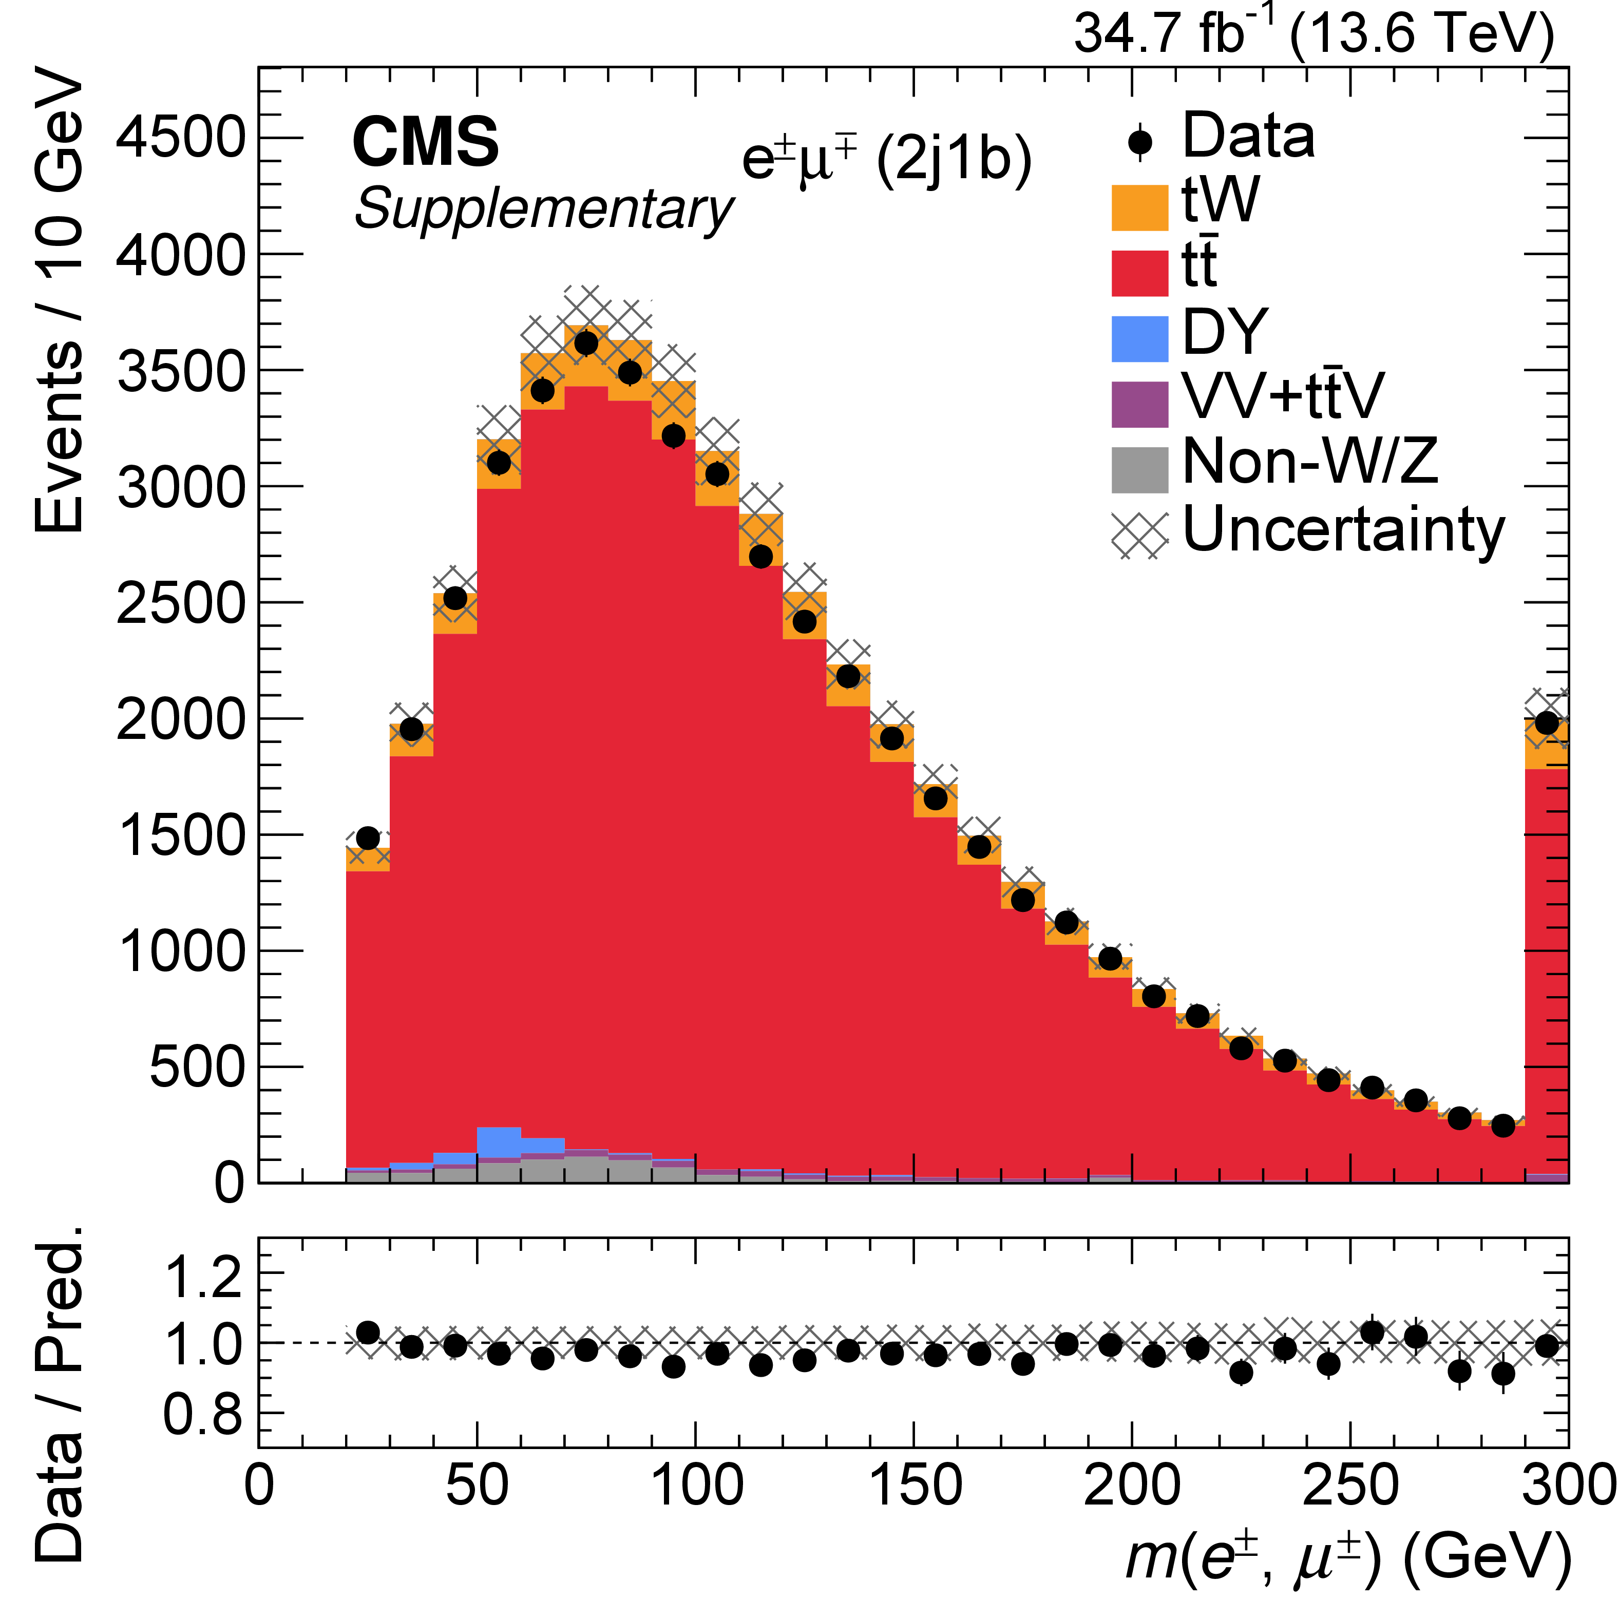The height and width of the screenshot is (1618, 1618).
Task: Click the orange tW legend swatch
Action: [1139, 207]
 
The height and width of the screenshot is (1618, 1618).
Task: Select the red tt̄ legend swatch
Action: [1139, 273]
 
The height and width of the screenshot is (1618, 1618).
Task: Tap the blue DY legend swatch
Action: [1139, 338]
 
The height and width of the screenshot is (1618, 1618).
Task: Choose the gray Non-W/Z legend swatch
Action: [1139, 470]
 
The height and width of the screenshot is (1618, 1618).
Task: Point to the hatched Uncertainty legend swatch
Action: [1139, 535]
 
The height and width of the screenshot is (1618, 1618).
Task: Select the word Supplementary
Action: [543, 208]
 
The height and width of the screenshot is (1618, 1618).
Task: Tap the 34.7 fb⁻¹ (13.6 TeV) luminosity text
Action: [1313, 33]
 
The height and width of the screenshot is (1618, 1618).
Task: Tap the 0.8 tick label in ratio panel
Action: [203, 1415]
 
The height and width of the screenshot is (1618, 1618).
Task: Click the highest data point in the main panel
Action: [586, 344]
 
